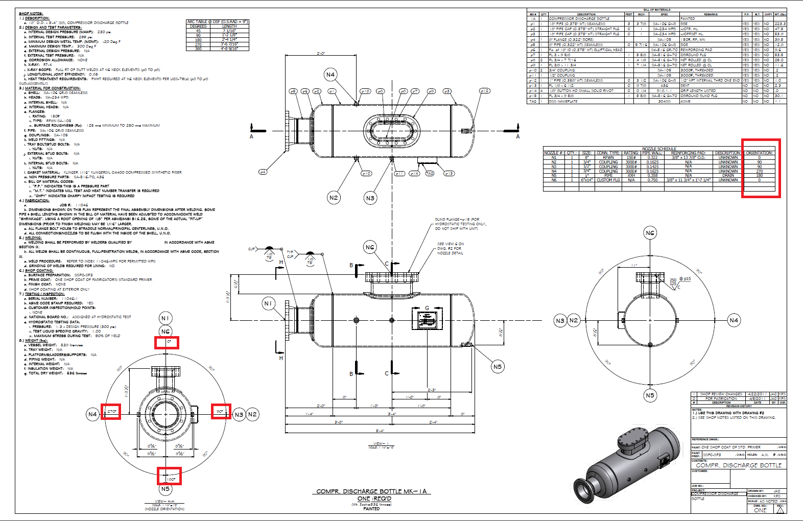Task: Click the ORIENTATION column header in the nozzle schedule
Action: (759, 153)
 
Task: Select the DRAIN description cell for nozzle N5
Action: (728, 175)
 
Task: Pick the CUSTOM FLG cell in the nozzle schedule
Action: (608, 180)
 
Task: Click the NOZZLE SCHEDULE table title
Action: (659, 149)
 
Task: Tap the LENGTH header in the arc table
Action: (229, 26)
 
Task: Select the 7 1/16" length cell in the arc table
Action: (229, 31)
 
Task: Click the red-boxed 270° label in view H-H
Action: (111, 411)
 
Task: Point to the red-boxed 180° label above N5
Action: (170, 479)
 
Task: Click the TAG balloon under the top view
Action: (430, 174)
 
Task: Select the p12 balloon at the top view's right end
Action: (484, 91)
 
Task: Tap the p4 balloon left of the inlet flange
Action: (263, 172)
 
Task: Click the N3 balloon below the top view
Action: (370, 198)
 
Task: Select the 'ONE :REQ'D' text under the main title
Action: (374, 499)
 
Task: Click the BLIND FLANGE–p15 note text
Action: (460, 224)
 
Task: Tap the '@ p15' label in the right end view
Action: (685, 279)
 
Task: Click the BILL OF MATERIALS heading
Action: (657, 10)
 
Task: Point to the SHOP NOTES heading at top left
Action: (31, 14)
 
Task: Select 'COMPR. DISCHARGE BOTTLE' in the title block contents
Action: (739, 465)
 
